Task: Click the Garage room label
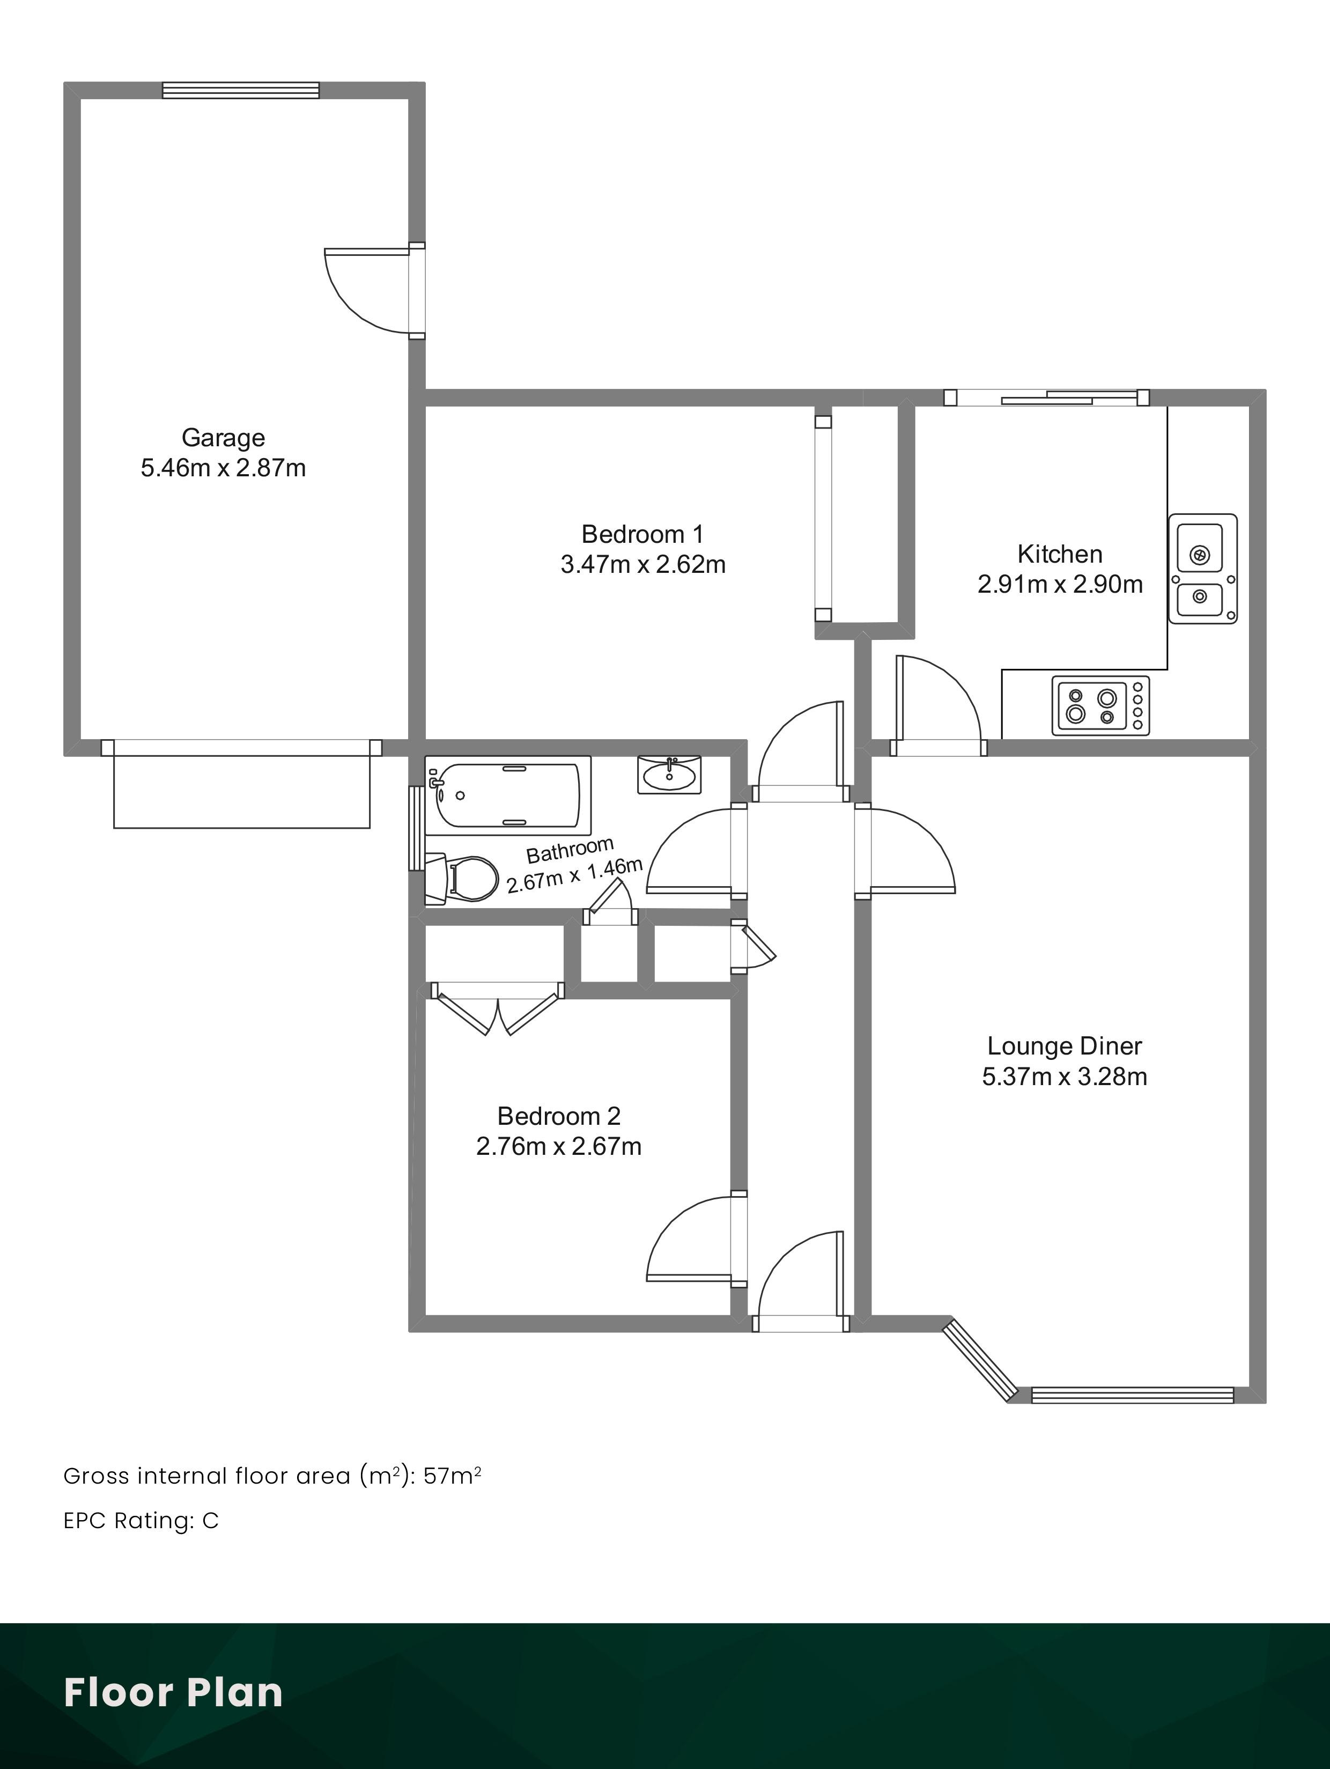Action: pos(223,438)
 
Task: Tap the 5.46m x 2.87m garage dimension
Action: pos(223,468)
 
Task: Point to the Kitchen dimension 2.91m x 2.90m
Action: pos(1060,585)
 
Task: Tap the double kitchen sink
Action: pos(1203,569)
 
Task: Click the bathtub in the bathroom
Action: pos(508,795)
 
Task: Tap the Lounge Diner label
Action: pos(1065,1046)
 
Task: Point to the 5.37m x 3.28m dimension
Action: pos(1065,1077)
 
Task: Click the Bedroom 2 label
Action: pos(559,1116)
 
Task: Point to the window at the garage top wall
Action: pos(241,90)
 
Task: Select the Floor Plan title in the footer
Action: pos(174,1692)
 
